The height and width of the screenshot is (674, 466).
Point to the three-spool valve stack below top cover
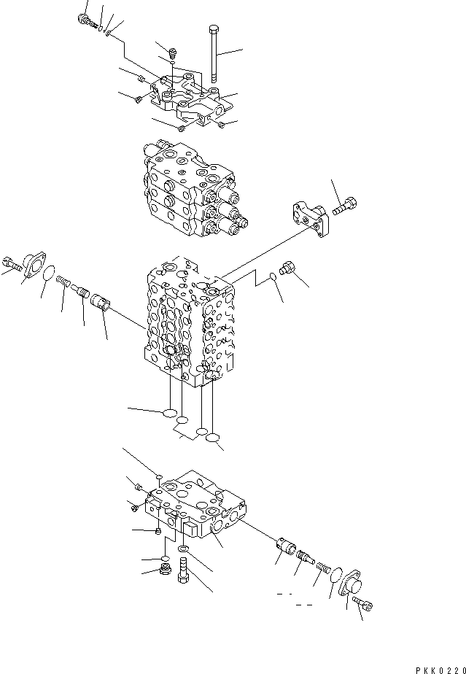pos(193,193)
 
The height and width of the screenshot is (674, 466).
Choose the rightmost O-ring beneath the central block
pos(214,439)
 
